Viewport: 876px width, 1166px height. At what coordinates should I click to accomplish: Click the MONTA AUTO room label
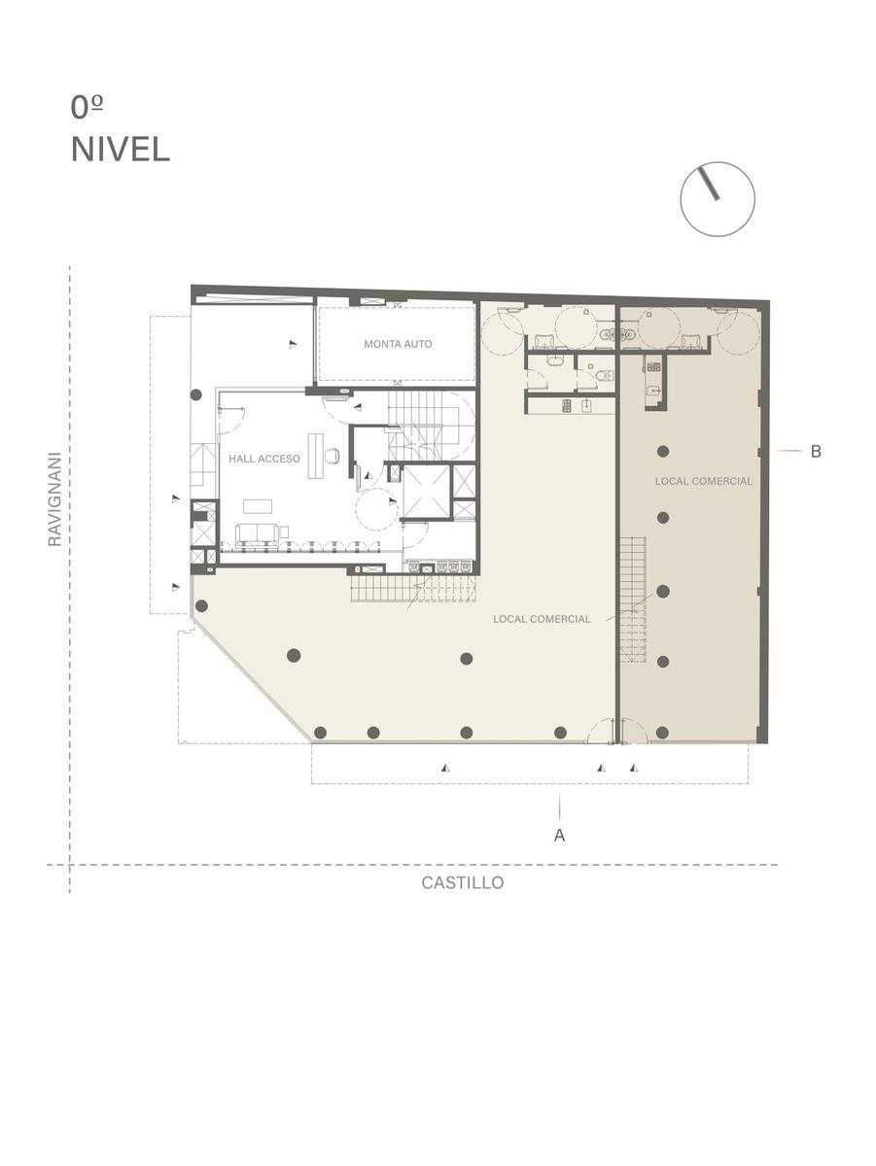[x=398, y=344]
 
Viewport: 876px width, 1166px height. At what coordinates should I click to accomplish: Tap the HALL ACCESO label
[x=264, y=459]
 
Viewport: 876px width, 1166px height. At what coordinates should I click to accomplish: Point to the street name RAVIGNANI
[x=54, y=498]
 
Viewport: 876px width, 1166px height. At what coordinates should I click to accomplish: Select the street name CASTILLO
[x=463, y=882]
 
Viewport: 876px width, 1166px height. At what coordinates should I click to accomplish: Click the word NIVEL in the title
[x=121, y=150]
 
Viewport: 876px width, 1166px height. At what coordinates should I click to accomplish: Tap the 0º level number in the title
[x=87, y=107]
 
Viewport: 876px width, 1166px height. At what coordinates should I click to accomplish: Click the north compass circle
[x=718, y=199]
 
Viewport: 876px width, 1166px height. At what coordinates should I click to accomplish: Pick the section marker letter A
[x=559, y=836]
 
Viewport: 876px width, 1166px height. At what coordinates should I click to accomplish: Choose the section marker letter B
[x=816, y=451]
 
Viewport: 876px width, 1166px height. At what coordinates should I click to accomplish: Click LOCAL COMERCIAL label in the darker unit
[x=704, y=481]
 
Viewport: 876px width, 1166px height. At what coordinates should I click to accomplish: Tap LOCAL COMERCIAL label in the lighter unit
[x=542, y=619]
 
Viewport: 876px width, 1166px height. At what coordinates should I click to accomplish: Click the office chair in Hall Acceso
[x=333, y=456]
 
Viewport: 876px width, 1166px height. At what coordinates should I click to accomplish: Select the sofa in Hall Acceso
[x=259, y=534]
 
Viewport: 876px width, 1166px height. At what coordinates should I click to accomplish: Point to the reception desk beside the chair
[x=315, y=456]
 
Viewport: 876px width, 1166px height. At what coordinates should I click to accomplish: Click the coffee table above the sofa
[x=258, y=506]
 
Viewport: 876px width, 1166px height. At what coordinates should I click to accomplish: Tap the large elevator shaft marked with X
[x=426, y=491]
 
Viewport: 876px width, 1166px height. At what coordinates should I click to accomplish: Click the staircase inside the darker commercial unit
[x=633, y=600]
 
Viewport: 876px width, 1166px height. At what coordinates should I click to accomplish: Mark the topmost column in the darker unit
[x=662, y=452]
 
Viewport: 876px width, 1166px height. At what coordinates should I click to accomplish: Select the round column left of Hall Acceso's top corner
[x=196, y=394]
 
